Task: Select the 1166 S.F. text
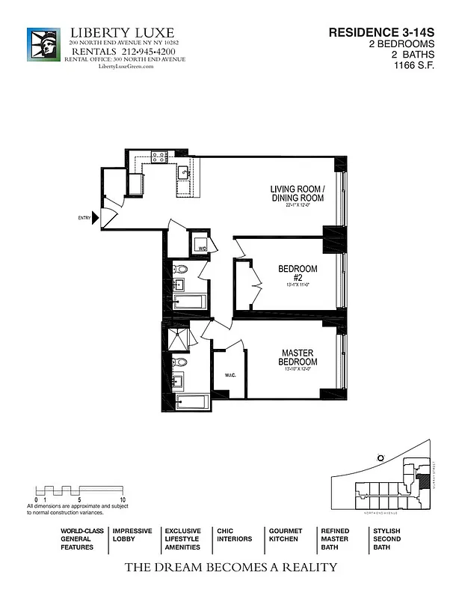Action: pos(415,65)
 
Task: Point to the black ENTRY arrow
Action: pos(95,218)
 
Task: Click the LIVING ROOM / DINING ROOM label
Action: pos(297,194)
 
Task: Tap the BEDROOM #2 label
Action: pos(298,273)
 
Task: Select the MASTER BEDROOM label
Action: pos(297,357)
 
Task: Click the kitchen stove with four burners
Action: pos(158,157)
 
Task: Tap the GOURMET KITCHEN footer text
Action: pos(285,535)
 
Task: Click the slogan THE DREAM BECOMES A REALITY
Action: pos(230,568)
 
